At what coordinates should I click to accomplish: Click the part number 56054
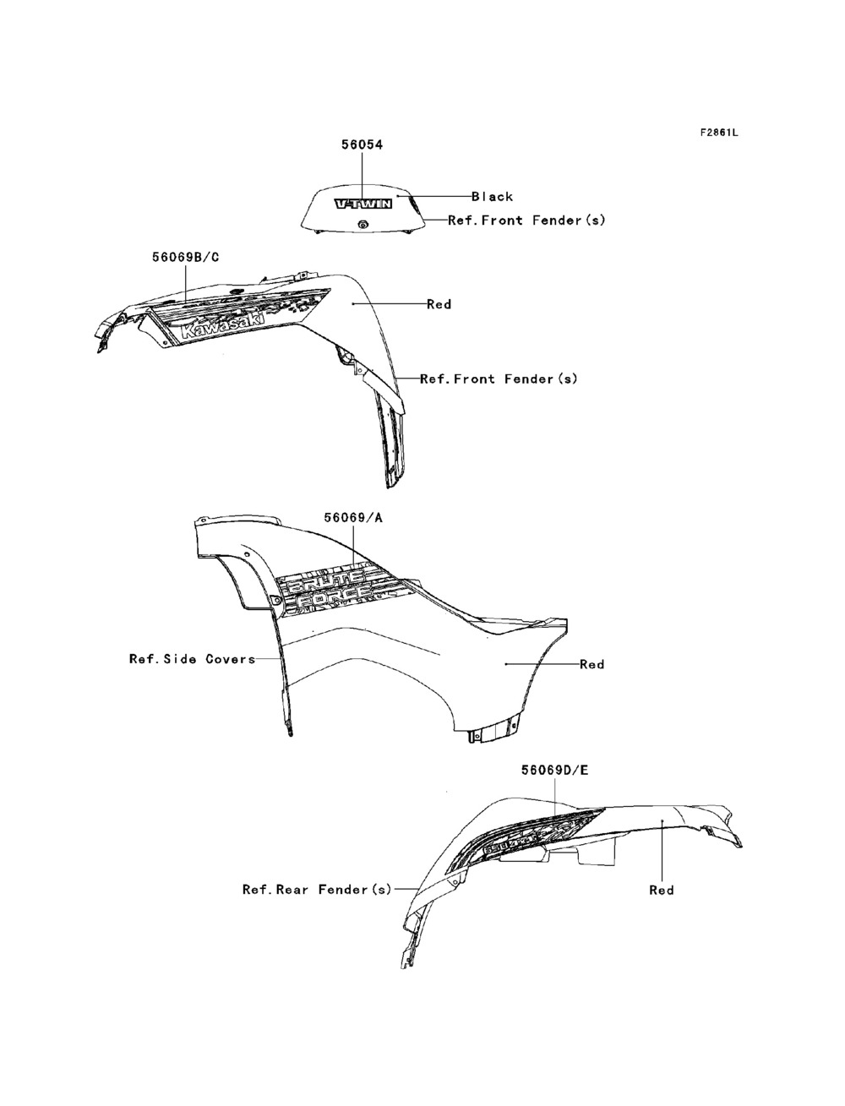click(x=362, y=145)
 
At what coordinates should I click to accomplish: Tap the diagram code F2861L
click(x=718, y=133)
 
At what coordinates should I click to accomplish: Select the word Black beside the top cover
click(x=492, y=197)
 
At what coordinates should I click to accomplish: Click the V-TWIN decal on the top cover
click(x=363, y=204)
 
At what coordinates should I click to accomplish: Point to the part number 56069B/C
click(x=185, y=257)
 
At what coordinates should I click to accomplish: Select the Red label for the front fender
click(x=439, y=304)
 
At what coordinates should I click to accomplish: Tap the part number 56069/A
click(x=352, y=517)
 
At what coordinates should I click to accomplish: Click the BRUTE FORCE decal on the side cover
click(x=338, y=586)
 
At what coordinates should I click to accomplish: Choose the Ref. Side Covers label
click(x=192, y=658)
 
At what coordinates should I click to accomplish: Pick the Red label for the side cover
click(x=591, y=664)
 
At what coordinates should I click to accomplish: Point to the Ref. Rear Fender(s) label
click(x=317, y=890)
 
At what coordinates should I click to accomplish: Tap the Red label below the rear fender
click(x=662, y=890)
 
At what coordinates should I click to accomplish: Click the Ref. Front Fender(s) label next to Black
click(x=526, y=221)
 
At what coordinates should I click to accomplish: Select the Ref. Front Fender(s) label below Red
click(x=499, y=379)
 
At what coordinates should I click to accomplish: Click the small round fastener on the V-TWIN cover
click(x=363, y=224)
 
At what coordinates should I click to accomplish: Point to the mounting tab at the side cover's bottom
click(x=493, y=732)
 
